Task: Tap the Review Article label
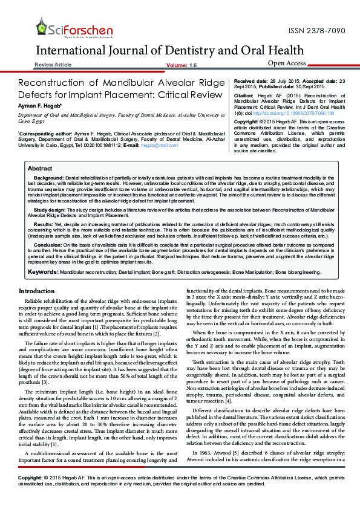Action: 53,65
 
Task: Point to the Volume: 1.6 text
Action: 181,65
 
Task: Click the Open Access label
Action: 286,63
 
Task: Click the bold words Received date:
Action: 251,80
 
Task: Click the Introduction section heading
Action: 36,291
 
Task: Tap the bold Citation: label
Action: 244,96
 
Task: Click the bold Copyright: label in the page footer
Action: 30,494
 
